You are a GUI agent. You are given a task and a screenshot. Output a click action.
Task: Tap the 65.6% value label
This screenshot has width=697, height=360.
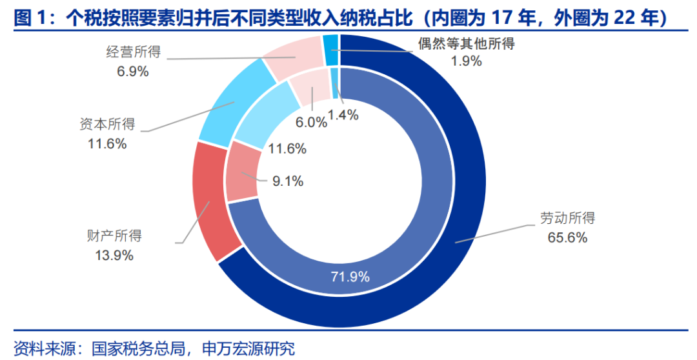568,238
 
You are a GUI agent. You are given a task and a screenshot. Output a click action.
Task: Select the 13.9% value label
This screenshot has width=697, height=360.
114,255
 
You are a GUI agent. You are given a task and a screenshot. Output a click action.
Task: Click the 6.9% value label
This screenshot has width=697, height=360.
132,72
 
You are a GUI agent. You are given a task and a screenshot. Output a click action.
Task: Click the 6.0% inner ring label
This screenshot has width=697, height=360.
310,122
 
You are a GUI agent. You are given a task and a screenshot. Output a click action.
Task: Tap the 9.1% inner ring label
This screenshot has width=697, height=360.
287,181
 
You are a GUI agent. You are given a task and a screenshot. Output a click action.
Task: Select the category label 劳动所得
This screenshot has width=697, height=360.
568,217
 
